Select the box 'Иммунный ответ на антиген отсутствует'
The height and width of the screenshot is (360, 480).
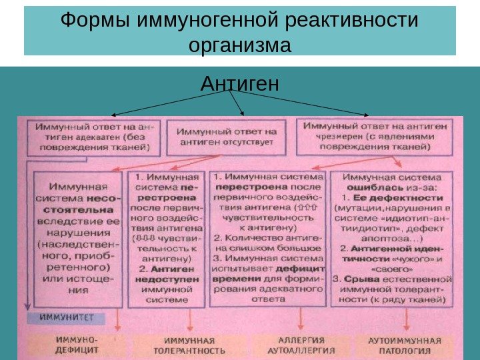point(227,137)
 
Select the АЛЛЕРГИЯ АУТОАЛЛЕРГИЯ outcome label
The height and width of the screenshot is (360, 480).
point(291,344)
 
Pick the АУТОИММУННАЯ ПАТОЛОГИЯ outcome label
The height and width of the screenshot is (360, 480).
point(405,344)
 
